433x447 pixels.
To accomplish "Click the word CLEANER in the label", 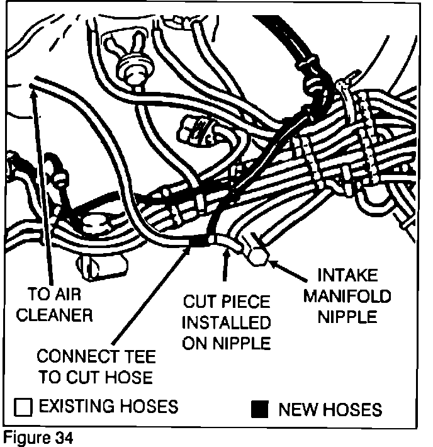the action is click(54, 315).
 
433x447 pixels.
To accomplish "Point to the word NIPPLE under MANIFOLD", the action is click(346, 315).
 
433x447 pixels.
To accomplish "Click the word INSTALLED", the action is click(226, 323).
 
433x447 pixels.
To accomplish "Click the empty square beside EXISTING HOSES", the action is click(23, 407).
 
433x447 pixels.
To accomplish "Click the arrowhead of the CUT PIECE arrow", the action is click(225, 251).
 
